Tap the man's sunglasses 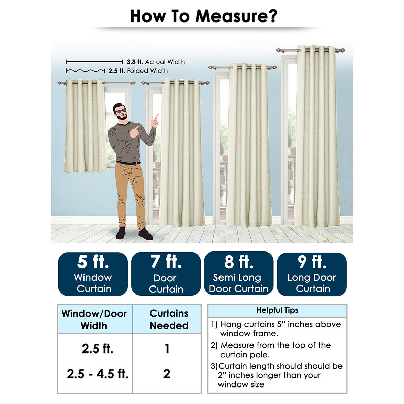click(x=121, y=111)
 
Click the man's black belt click(x=128, y=163)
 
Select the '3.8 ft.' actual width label click(x=135, y=62)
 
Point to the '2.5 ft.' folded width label click(x=116, y=71)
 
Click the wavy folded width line click(x=85, y=71)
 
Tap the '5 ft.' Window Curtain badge click(x=93, y=274)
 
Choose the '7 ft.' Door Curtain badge click(x=166, y=274)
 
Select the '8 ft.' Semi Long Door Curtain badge click(x=239, y=273)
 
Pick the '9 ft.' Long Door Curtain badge click(x=312, y=274)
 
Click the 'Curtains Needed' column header click(x=169, y=319)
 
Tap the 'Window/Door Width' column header click(x=94, y=319)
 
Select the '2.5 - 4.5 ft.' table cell click(x=98, y=374)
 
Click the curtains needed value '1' click(x=167, y=349)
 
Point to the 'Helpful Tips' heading click(x=277, y=310)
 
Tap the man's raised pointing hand click(x=155, y=121)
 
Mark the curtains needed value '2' click(x=167, y=374)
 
